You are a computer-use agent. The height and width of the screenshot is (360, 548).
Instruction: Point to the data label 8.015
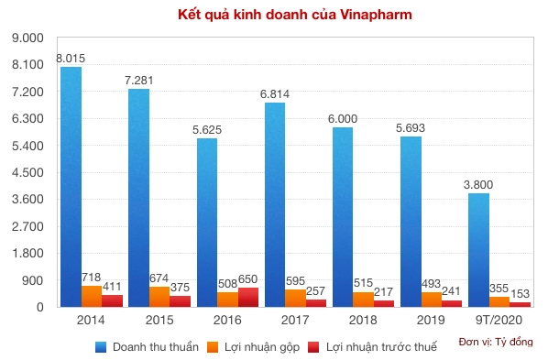[x=71, y=59]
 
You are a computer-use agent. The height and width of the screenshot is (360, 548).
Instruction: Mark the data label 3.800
[x=478, y=185]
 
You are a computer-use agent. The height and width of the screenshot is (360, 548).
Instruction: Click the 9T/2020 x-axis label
[x=500, y=321]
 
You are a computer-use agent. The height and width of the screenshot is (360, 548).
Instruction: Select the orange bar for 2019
[x=432, y=300]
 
